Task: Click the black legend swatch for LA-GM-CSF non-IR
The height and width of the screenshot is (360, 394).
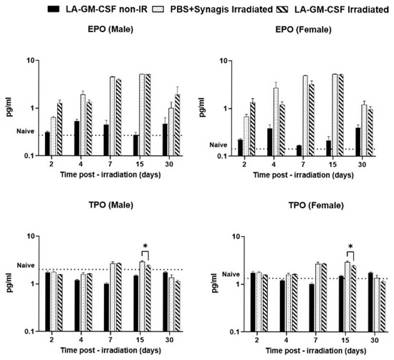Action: tap(54, 9)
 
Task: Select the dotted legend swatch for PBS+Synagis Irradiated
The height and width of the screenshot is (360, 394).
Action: tap(158, 9)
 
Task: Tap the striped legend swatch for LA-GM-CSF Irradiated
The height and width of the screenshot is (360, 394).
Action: tap(282, 9)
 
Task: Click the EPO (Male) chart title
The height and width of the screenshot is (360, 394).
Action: tap(110, 29)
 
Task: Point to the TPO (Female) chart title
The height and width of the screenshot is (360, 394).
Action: tap(316, 205)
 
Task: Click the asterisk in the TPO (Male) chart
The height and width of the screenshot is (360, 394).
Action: tap(145, 245)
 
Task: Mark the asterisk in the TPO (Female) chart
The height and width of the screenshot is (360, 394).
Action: tap(350, 246)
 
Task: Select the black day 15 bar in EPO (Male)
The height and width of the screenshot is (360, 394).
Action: tap(135, 145)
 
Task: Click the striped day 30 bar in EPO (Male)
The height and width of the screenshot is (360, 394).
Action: tap(178, 125)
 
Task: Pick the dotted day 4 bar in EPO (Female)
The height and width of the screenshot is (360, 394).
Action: tap(276, 122)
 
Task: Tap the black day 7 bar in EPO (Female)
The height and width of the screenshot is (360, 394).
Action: tap(299, 150)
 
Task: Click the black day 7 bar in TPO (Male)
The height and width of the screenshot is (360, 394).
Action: tap(107, 308)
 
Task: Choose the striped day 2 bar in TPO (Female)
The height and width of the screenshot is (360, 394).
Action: tap(265, 303)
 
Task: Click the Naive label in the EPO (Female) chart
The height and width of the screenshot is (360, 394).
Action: tap(218, 145)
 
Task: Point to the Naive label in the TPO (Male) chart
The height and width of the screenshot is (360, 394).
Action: tap(26, 266)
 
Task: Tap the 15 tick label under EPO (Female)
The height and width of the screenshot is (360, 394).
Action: tap(332, 165)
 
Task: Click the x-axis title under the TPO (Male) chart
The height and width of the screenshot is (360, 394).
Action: tap(110, 350)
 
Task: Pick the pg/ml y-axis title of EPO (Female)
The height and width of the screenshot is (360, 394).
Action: tap(202, 107)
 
